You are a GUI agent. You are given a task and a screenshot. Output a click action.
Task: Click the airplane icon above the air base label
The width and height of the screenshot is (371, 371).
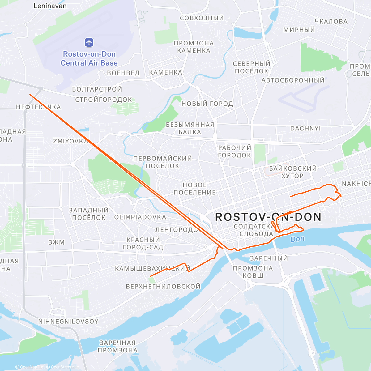tap(89, 42)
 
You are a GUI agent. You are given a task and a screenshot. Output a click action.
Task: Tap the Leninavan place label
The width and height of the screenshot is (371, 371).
tap(50, 6)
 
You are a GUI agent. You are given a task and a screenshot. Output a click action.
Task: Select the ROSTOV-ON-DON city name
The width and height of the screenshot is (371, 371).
tap(268, 217)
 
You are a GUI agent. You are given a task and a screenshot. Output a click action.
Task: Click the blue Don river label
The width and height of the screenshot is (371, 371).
tap(297, 239)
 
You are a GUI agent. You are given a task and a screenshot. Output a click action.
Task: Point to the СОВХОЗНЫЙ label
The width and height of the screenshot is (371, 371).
tap(202, 18)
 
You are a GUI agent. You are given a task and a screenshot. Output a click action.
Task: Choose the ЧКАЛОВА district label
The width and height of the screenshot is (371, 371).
tap(331, 22)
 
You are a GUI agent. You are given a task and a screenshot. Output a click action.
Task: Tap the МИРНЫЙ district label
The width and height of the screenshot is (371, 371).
tap(299, 30)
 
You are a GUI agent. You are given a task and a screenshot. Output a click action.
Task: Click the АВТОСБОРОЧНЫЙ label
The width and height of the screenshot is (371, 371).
tap(293, 80)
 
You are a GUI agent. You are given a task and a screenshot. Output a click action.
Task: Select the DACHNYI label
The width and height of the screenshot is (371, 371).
tap(305, 128)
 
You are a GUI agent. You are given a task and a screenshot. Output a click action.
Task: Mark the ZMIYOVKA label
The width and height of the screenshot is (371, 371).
tap(70, 141)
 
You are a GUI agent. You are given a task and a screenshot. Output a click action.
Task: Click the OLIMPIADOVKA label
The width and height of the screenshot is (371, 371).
tap(140, 217)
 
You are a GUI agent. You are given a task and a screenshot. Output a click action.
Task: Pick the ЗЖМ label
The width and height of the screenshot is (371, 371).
tap(57, 242)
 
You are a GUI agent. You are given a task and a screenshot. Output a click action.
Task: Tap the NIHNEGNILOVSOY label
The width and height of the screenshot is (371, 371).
tap(68, 322)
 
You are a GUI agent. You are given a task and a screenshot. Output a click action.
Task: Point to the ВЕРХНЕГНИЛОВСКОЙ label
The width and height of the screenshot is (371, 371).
tap(163, 287)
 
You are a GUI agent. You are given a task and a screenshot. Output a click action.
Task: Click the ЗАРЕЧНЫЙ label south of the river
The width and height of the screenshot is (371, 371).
tap(269, 258)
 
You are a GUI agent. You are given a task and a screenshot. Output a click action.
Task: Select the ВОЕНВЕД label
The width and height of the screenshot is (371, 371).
tap(123, 73)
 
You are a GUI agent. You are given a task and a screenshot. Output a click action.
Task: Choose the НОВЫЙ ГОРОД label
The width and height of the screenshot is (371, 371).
tap(207, 104)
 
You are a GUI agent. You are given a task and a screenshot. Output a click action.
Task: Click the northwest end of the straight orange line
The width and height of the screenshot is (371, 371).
tap(30, 95)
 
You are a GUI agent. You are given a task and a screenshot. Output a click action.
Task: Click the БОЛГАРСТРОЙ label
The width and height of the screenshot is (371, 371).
tap(97, 89)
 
